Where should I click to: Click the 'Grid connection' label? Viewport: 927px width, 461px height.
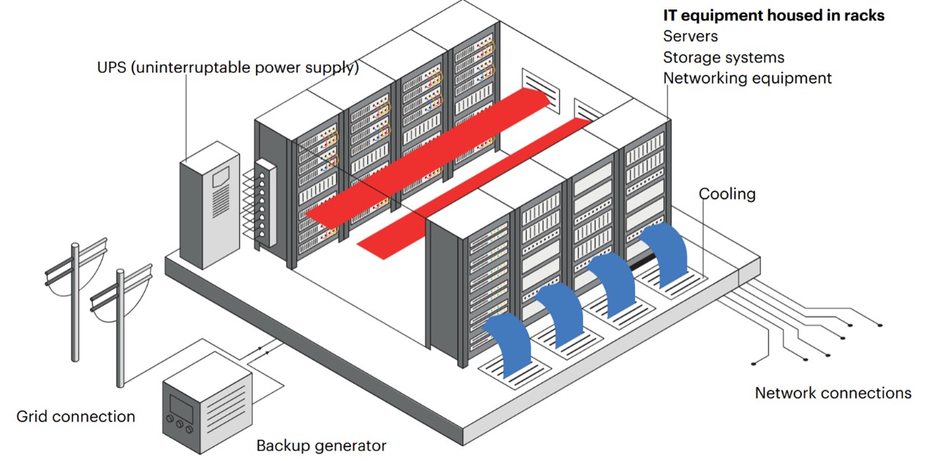75,416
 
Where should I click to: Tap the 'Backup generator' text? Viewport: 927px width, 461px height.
320,445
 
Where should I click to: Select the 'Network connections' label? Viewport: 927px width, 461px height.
833,393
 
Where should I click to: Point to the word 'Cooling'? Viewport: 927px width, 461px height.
727,194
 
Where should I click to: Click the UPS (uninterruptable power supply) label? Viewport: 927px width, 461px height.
228,68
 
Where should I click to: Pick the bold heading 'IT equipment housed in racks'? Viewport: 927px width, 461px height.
773,15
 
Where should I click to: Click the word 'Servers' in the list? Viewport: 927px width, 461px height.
690,36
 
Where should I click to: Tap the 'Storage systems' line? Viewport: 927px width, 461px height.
723,57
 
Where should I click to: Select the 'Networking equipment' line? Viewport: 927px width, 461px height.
747,78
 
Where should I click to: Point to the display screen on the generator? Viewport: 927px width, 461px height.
181,405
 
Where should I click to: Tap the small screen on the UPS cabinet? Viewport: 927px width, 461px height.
221,176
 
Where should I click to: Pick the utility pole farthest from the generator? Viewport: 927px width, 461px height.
75,300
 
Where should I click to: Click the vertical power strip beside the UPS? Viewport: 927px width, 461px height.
265,203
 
